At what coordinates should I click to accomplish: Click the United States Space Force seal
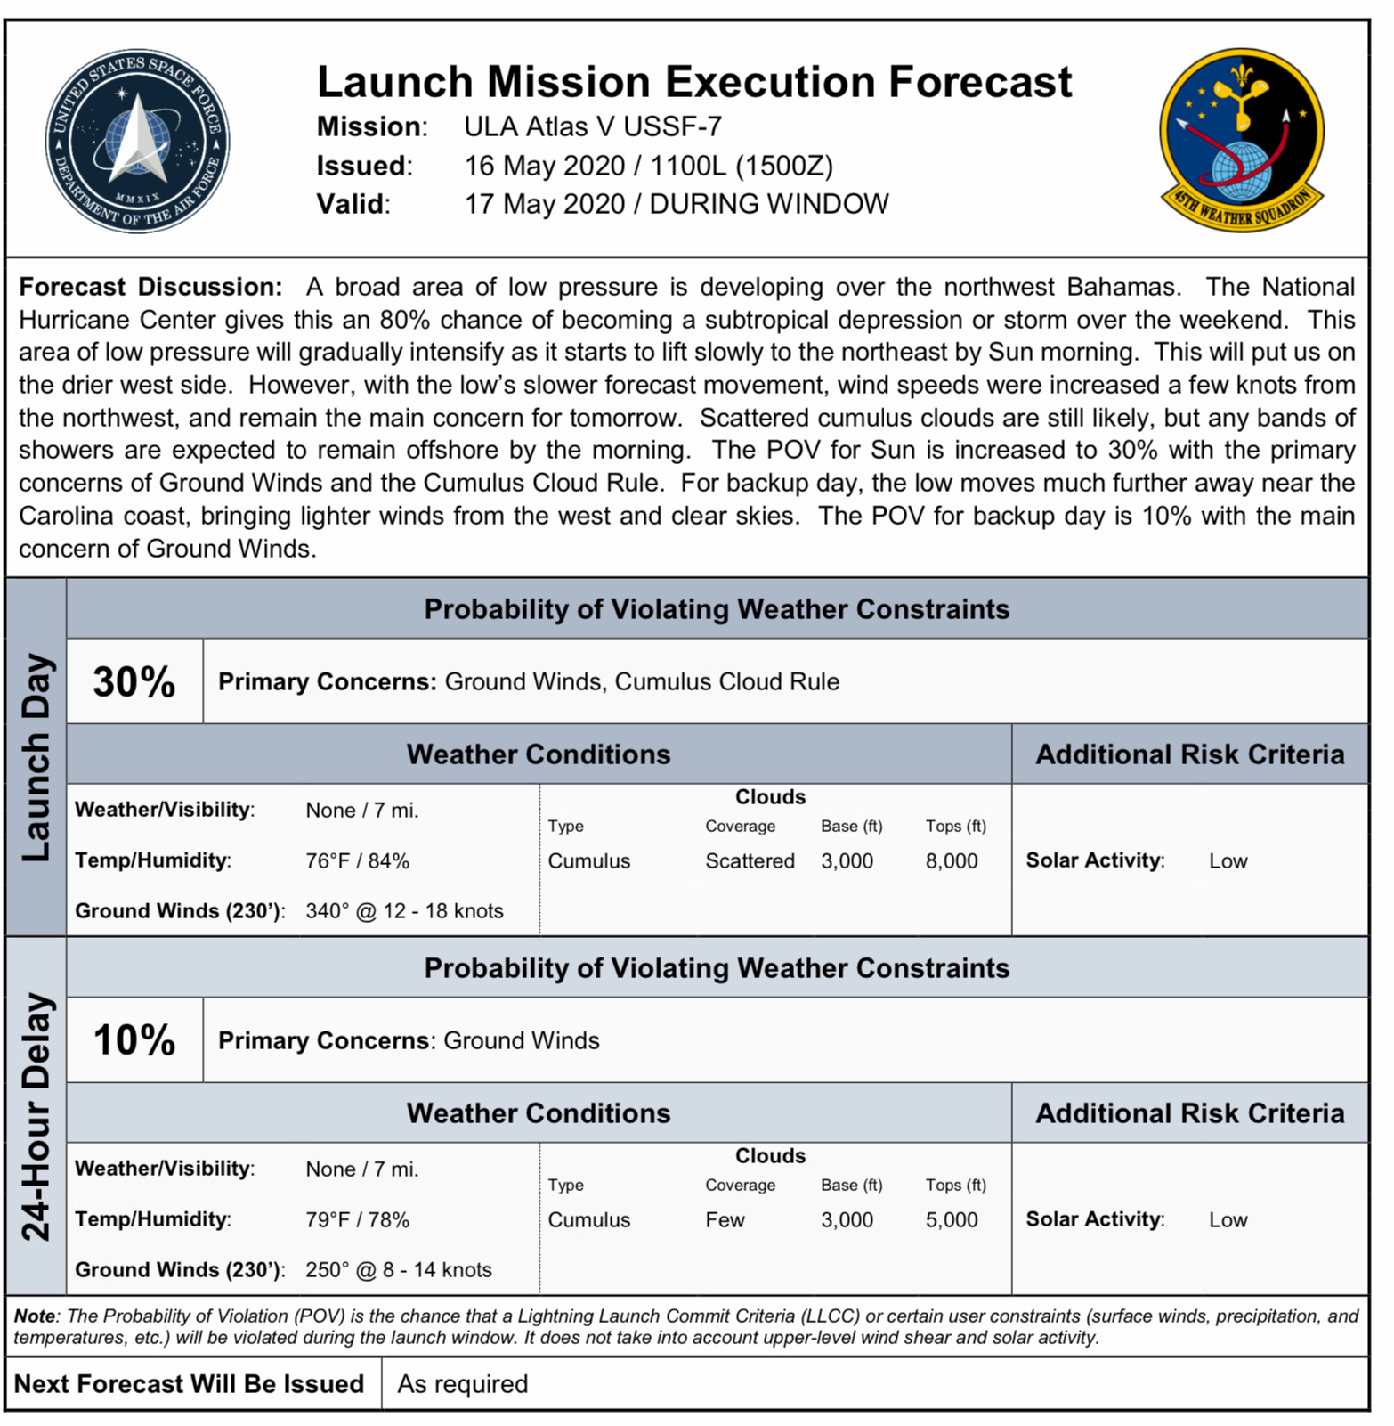click(137, 141)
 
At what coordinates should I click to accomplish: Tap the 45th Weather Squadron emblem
click(1242, 140)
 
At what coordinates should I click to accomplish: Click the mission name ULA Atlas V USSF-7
click(592, 126)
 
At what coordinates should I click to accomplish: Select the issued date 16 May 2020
click(545, 166)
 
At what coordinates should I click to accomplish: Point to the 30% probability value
click(134, 681)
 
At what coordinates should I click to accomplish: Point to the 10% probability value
click(134, 1039)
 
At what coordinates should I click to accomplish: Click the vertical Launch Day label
click(36, 757)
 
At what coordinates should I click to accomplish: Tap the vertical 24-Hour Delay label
click(36, 1116)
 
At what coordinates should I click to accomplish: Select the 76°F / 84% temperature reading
click(357, 861)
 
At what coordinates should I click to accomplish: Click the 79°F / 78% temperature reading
click(357, 1220)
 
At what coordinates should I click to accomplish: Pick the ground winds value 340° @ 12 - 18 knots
click(404, 911)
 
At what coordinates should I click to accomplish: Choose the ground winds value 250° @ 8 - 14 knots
click(398, 1270)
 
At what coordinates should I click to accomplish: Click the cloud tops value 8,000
click(951, 861)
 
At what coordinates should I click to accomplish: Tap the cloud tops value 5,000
click(951, 1220)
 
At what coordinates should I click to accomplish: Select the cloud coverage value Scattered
click(750, 861)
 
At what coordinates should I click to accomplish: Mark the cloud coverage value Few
click(725, 1220)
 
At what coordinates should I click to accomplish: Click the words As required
click(462, 1384)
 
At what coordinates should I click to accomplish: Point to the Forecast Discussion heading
click(150, 287)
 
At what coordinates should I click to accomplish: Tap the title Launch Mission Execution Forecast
click(694, 82)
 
